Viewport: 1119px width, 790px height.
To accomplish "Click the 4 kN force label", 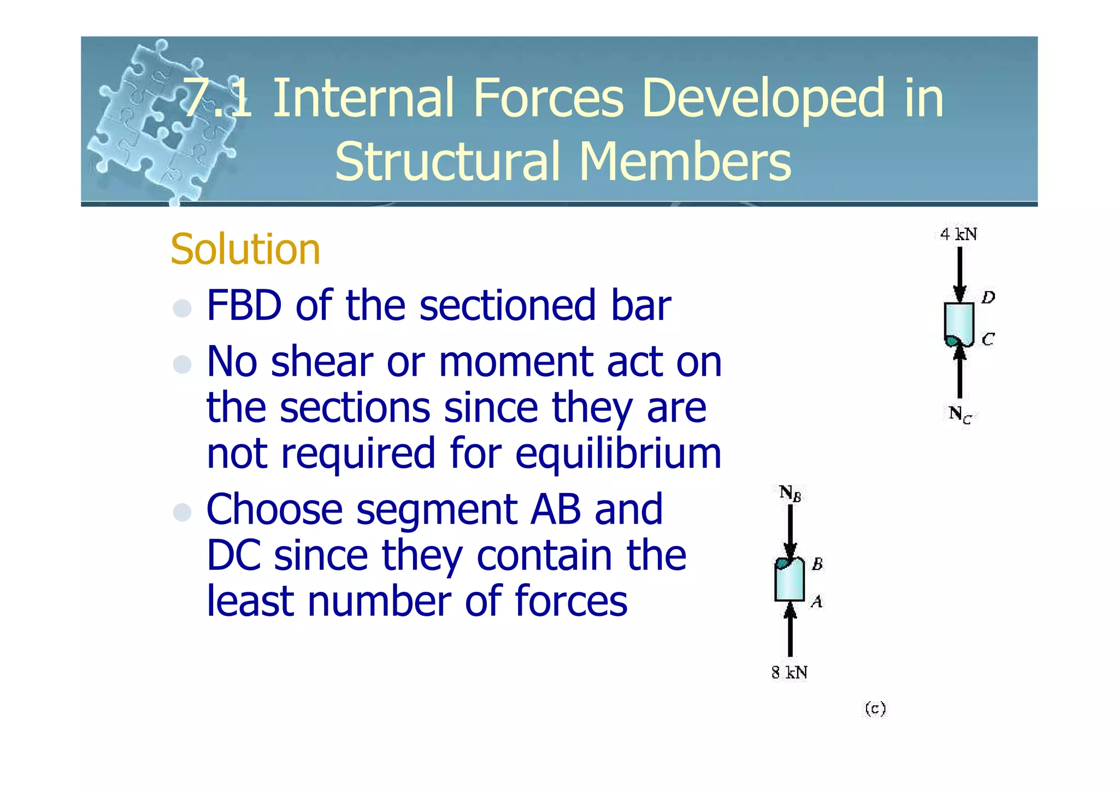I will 958,235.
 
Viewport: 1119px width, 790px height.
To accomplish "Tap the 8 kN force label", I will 789,673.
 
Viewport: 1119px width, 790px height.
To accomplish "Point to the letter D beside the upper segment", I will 988,298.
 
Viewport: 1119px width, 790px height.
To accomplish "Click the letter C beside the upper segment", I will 988,340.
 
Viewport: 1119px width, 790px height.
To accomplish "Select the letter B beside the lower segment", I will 817,564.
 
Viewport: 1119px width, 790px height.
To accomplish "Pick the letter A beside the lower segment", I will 816,602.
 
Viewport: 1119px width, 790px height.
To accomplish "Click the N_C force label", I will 959,414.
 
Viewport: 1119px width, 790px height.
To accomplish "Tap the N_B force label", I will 790,493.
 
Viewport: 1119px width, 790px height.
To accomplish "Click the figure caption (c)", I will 875,709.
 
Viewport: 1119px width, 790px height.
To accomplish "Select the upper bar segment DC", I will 959,323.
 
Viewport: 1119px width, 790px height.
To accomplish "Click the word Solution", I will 245,250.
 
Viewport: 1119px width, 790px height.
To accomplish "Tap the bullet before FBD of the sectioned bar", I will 182,308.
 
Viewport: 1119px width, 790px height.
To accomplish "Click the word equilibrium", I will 618,454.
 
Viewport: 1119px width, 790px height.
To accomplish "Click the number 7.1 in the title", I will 217,98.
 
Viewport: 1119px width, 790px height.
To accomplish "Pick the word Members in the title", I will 685,162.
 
